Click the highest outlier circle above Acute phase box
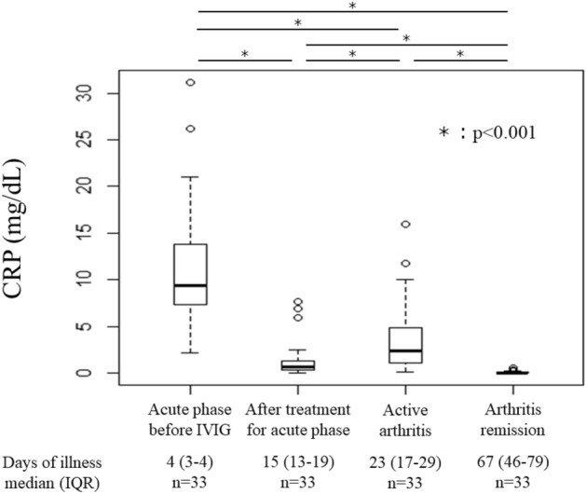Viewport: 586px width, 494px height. (190, 82)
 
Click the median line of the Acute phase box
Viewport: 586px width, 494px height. (190, 285)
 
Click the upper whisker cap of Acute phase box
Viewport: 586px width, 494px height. (190, 177)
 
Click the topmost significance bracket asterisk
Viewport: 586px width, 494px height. (352, 7)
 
